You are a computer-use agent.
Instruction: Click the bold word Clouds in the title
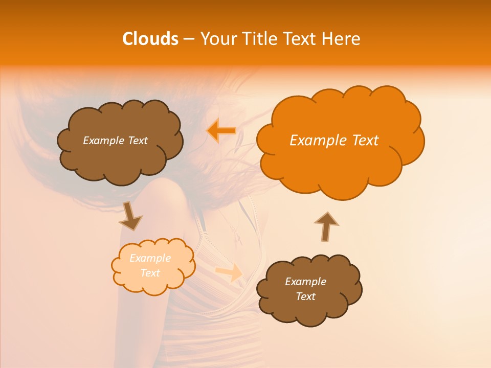click(150, 39)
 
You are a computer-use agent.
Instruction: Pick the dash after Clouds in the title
click(189, 39)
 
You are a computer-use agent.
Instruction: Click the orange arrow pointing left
click(221, 131)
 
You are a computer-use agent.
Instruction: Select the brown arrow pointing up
click(326, 226)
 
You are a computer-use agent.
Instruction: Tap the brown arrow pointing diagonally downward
click(130, 217)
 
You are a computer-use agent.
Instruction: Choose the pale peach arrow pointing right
click(229, 272)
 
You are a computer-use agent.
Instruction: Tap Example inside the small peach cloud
click(150, 258)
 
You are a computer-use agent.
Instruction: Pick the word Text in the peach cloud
click(150, 273)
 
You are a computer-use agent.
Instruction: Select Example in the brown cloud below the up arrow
click(305, 282)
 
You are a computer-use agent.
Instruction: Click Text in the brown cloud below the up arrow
click(305, 296)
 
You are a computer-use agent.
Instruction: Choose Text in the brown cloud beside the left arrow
click(137, 141)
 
